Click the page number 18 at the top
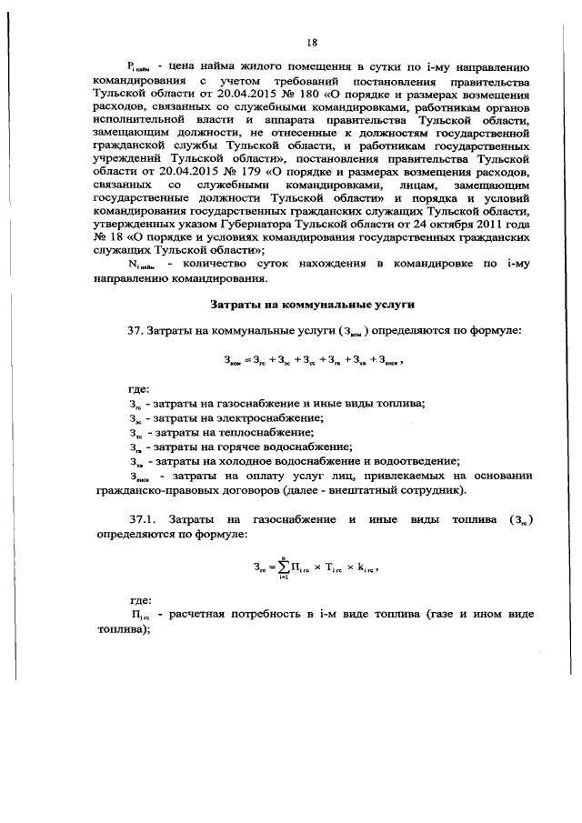(x=311, y=42)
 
